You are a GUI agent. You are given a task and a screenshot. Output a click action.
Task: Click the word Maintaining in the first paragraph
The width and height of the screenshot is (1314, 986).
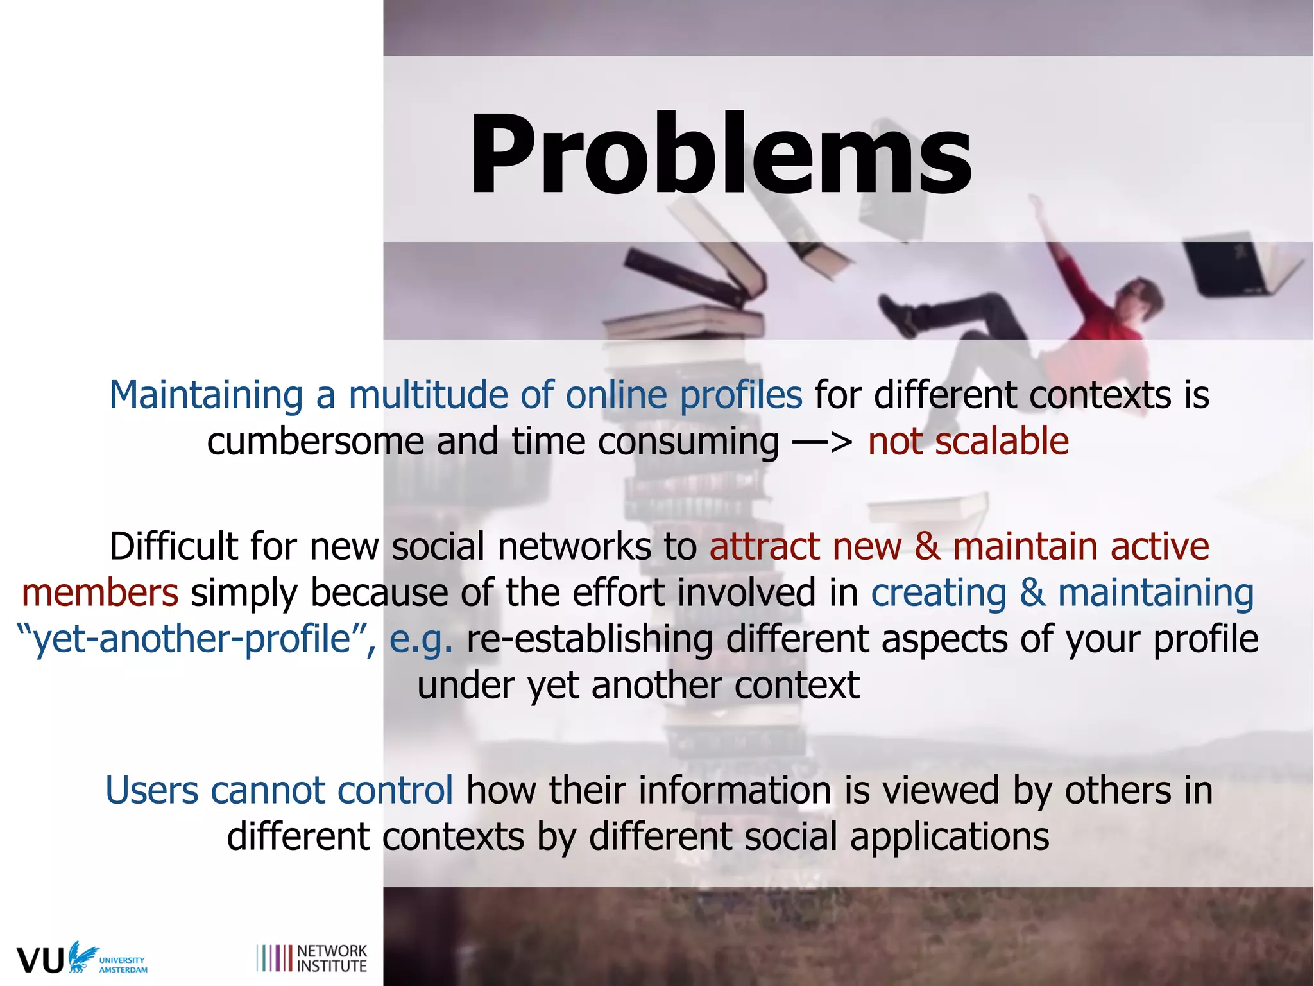[205, 395]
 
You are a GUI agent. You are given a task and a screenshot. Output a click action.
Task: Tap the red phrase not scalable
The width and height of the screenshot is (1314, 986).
[968, 442]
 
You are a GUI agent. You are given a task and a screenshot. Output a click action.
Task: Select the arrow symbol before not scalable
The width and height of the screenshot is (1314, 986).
[822, 442]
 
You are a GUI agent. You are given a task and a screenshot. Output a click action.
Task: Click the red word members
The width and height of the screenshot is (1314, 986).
[100, 592]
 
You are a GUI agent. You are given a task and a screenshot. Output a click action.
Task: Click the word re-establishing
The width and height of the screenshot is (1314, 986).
[589, 639]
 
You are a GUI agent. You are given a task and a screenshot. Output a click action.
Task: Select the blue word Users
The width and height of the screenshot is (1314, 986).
[151, 790]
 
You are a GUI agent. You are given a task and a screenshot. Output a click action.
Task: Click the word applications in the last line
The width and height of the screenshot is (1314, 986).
[950, 837]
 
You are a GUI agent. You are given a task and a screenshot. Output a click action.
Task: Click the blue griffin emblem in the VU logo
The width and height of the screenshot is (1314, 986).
[82, 955]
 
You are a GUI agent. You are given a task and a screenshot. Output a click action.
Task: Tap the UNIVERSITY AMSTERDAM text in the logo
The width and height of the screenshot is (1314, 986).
[123, 965]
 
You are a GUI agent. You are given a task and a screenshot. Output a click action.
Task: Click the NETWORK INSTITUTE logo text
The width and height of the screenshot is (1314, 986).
[332, 958]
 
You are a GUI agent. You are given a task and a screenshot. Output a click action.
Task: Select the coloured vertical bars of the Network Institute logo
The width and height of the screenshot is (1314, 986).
[274, 958]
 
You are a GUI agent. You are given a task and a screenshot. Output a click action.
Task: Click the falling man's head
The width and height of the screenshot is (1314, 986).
[1143, 295]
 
